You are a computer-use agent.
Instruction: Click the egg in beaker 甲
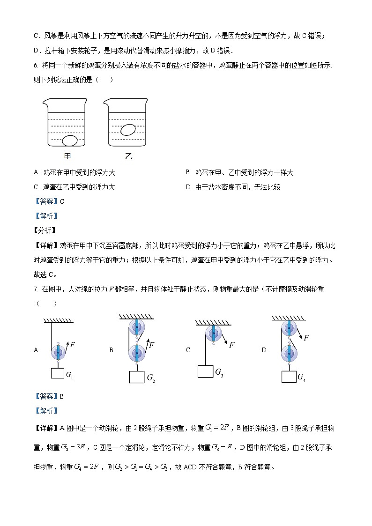tap(70, 140)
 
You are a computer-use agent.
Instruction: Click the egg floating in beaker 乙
tap(127, 130)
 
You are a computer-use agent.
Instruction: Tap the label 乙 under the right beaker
tap(128, 156)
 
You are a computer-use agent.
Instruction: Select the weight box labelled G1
tap(57, 374)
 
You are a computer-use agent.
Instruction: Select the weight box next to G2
tap(137, 377)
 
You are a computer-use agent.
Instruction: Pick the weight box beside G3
tap(205, 371)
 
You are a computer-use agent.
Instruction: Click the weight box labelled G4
tap(289, 376)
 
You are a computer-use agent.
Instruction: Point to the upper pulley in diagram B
tap(136, 326)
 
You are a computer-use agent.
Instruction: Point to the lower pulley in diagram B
tap(136, 353)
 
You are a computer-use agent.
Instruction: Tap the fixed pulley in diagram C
tap(214, 334)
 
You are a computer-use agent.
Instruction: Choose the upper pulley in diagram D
tap(289, 327)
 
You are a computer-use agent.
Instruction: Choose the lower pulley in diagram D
tap(289, 354)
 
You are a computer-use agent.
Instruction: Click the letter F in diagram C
tap(231, 345)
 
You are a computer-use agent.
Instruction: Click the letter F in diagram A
tap(73, 345)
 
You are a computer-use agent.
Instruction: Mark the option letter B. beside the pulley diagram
tap(112, 350)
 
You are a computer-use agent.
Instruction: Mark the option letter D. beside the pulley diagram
tap(264, 350)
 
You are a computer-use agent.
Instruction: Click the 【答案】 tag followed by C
tap(46, 201)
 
